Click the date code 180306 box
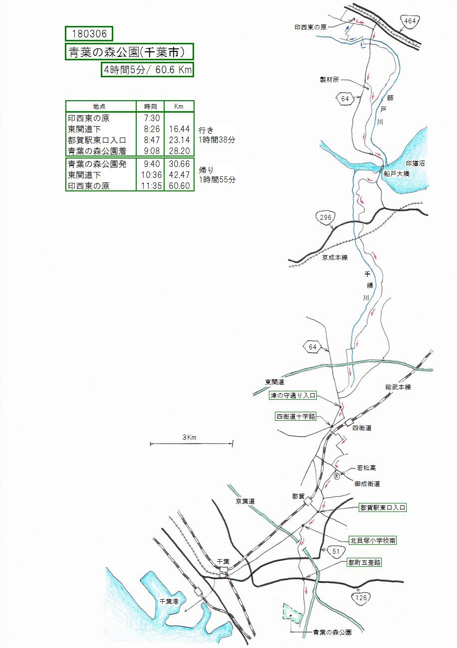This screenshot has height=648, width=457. click(x=89, y=33)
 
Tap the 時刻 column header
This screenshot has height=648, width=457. click(x=150, y=106)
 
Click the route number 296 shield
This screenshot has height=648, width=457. click(x=326, y=218)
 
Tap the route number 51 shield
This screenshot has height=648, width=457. click(x=336, y=551)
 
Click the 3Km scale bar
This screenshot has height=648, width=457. click(x=192, y=442)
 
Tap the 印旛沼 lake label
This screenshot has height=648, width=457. click(x=415, y=163)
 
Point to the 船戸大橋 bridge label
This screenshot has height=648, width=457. click(x=397, y=174)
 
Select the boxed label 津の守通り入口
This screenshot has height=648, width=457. click(x=293, y=395)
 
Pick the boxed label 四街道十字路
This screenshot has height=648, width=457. click(x=296, y=416)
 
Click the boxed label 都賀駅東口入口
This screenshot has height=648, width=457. click(x=383, y=507)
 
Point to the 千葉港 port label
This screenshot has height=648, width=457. click(x=169, y=602)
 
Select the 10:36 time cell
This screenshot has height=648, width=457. click(x=150, y=174)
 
